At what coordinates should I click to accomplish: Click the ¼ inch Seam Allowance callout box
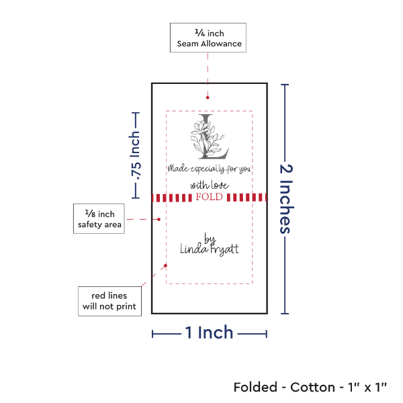coord(208,38)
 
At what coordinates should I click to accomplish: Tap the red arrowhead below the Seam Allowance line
coord(208,101)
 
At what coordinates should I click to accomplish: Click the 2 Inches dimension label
coord(285,198)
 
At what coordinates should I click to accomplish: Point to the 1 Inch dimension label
coord(209,332)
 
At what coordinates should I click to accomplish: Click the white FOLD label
coord(209,197)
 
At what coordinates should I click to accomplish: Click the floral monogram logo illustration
coord(209,138)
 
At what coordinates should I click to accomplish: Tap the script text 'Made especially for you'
coord(209,169)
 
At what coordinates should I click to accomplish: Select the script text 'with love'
coord(209,185)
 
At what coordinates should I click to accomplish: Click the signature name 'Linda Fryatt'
coord(209,249)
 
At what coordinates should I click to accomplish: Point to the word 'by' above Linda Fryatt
coord(209,238)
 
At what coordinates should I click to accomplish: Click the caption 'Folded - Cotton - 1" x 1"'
coord(310,388)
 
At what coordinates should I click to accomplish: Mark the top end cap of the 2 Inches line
coord(285,84)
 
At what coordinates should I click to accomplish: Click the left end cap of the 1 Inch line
coord(152,334)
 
